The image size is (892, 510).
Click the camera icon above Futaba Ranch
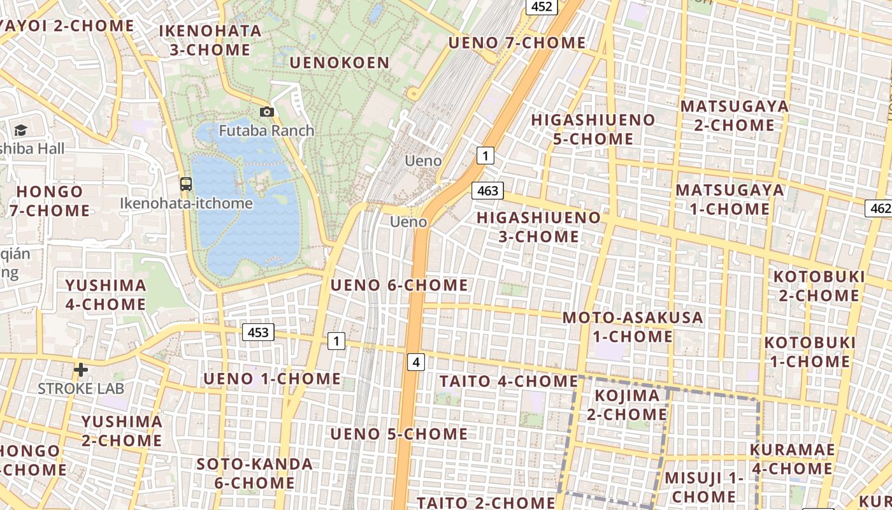[267, 112]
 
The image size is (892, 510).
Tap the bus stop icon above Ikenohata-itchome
[186, 184]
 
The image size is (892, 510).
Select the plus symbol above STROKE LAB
[81, 370]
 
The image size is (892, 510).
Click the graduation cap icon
[20, 131]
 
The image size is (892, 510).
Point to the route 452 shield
[542, 6]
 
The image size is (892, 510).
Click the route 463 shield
[487, 191]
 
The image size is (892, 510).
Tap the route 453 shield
[258, 332]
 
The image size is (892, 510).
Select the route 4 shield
[416, 362]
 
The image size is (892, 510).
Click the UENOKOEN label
[339, 62]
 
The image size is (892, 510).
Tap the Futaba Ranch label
[266, 131]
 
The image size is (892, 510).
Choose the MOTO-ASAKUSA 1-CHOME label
[633, 326]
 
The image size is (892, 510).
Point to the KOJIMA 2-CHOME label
[627, 405]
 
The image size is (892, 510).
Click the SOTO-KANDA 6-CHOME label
[254, 473]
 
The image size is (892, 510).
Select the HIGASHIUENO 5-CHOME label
[593, 129]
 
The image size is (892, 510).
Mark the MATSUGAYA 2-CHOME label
[734, 115]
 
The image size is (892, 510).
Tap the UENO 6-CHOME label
[399, 285]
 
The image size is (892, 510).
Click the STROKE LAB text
[81, 388]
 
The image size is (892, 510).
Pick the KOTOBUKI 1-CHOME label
[810, 352]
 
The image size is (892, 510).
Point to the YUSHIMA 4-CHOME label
[106, 295]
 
